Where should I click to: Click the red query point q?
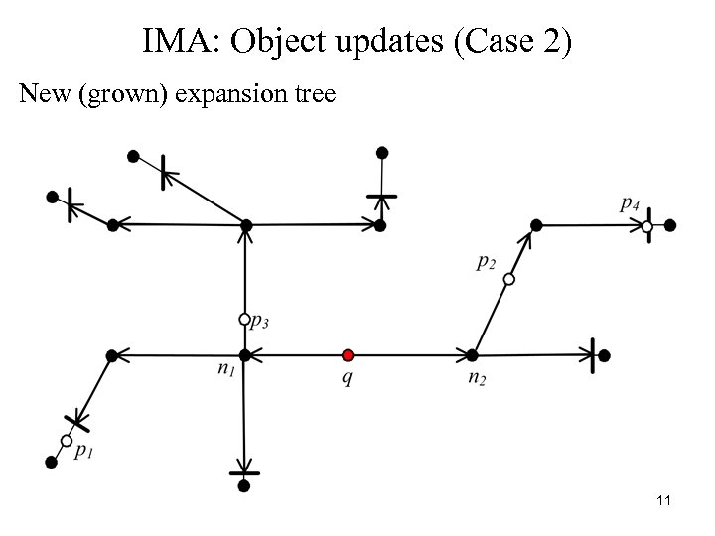(347, 354)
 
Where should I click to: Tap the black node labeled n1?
(244, 354)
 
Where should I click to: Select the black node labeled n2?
(473, 354)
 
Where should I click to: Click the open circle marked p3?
(244, 320)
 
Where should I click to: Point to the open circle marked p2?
(508, 280)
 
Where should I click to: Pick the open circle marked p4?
(646, 227)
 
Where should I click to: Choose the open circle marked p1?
(67, 440)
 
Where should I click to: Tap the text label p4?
(629, 204)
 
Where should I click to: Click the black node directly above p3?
(246, 226)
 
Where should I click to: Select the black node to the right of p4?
(670, 226)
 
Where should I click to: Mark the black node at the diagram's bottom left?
(51, 461)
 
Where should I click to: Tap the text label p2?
(487, 262)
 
